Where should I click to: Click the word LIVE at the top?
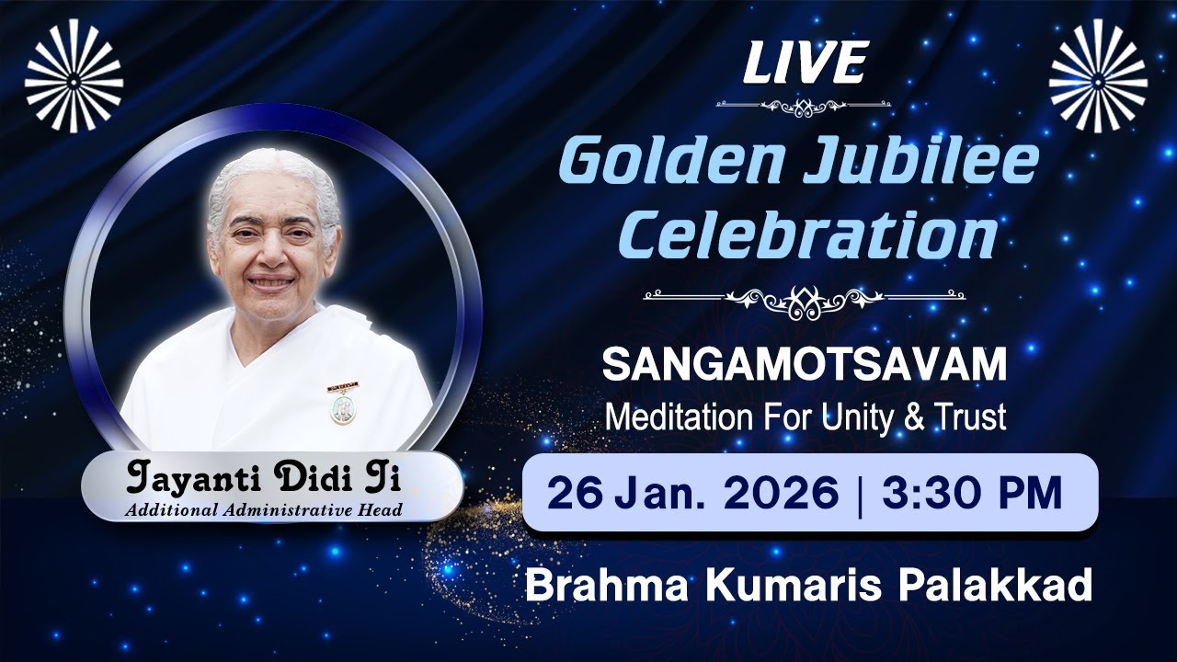point(805,63)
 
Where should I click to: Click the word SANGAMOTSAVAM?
point(805,366)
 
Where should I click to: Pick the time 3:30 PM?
point(972,493)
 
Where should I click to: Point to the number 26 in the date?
point(575,493)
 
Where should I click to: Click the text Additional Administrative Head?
point(264,510)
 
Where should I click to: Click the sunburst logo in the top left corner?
point(74,75)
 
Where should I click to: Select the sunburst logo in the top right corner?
point(1098,75)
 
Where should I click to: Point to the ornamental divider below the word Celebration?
point(805,297)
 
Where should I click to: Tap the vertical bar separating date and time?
point(860,493)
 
